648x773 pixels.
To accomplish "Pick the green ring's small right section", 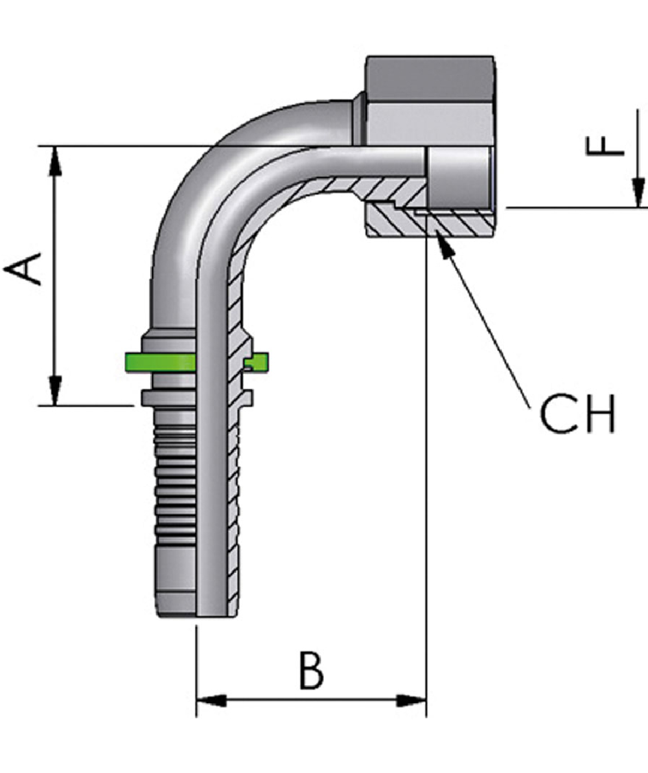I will pyautogui.click(x=259, y=362).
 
